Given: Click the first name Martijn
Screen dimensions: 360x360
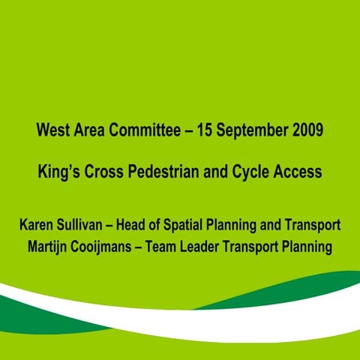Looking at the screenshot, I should coord(49,246).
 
